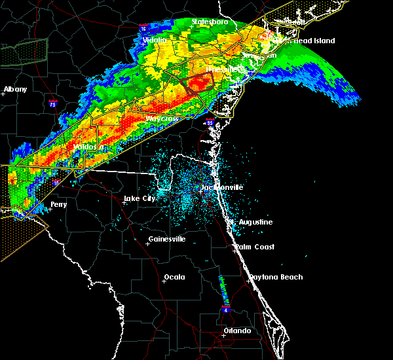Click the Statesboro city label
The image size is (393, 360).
[210, 22]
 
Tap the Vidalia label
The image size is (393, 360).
[156, 40]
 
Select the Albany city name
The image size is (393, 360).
[15, 89]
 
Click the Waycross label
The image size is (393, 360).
[161, 118]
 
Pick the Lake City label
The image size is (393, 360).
[140, 198]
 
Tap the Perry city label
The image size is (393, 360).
[58, 204]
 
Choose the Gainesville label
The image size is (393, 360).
[167, 239]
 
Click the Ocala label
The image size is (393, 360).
[174, 277]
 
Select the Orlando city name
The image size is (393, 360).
[237, 331]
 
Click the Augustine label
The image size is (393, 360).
[255, 222]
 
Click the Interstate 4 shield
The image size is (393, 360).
[226, 308]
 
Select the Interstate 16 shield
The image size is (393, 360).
[143, 29]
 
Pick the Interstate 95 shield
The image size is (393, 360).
[210, 122]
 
